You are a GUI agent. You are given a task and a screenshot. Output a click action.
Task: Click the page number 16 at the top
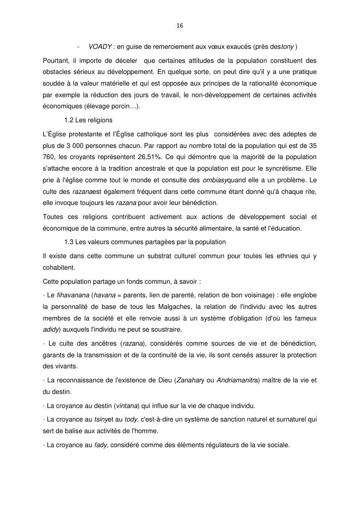coord(180,25)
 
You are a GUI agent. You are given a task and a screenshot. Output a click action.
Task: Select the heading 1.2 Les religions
coord(88,120)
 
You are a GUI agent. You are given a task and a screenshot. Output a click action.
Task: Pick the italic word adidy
coord(50,330)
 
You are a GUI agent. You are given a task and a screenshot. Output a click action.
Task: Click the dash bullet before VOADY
coord(78,46)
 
